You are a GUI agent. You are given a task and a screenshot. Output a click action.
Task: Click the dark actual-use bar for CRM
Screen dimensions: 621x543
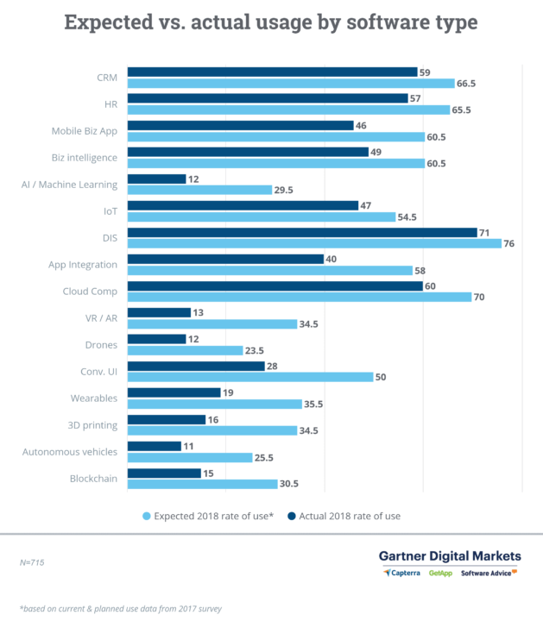tap(272, 72)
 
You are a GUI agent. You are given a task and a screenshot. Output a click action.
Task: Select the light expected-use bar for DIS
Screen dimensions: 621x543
tap(314, 243)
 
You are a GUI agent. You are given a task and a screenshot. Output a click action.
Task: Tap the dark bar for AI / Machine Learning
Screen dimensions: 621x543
tap(156, 179)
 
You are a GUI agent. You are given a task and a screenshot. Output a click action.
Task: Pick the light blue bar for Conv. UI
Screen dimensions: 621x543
tap(250, 377)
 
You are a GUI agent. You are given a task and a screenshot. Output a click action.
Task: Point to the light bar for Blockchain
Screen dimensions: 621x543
tap(202, 484)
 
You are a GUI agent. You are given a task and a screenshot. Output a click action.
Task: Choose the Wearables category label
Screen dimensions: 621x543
tap(93, 398)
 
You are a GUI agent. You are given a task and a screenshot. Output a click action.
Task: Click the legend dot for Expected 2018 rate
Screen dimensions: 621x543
tap(146, 516)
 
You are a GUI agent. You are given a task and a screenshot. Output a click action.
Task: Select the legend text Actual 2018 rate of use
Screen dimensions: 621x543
tap(350, 516)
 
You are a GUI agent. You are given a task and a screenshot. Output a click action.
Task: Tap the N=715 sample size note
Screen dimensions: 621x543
tap(33, 561)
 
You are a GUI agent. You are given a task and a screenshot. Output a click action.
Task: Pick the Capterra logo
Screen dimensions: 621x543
tap(403, 572)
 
